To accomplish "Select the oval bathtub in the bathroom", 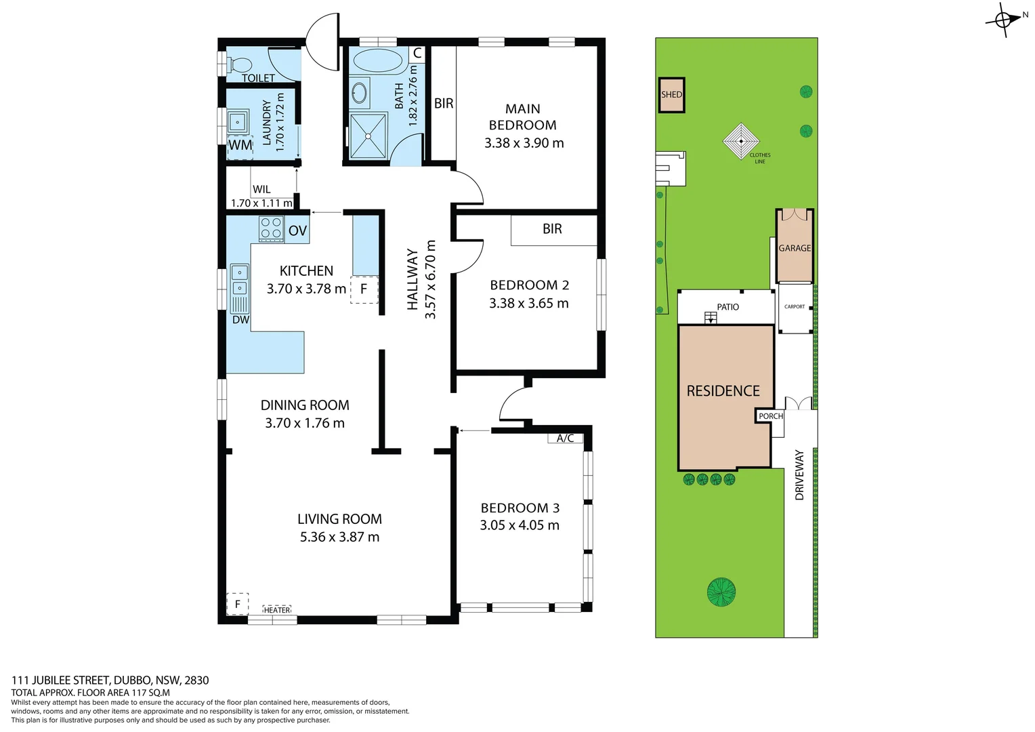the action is click(377, 60).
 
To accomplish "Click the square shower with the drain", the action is click(368, 136).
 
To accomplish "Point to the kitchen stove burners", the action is click(271, 228).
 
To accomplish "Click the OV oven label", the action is click(297, 230).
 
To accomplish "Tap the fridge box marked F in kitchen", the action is click(364, 289).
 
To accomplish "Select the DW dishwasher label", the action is click(240, 319).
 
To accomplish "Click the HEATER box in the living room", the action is click(277, 610).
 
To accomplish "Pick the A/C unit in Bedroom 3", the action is click(566, 439).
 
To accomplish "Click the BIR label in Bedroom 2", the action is click(552, 228).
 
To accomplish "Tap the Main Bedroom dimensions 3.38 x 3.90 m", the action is click(524, 143).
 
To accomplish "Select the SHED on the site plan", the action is click(671, 95).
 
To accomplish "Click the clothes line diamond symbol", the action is click(741, 141).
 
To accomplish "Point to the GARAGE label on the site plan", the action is click(795, 248).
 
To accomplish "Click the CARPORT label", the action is click(795, 306).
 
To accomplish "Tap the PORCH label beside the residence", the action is click(771, 416).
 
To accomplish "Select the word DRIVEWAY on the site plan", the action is click(799, 475).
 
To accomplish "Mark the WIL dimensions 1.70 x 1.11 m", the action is click(261, 203).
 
